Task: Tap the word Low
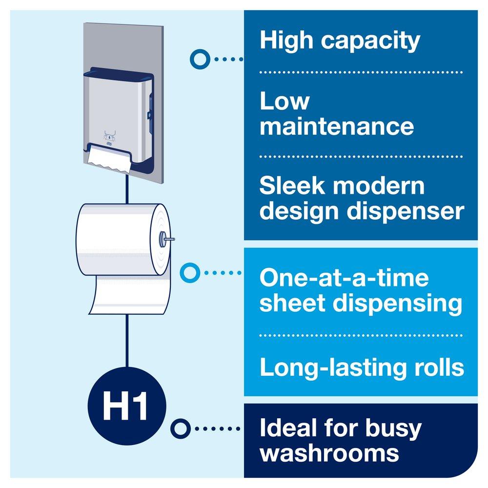click(285, 101)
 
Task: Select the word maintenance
click(337, 126)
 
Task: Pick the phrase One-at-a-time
click(344, 278)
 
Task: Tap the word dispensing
click(398, 303)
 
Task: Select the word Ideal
click(288, 428)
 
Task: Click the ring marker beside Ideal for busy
click(181, 429)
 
